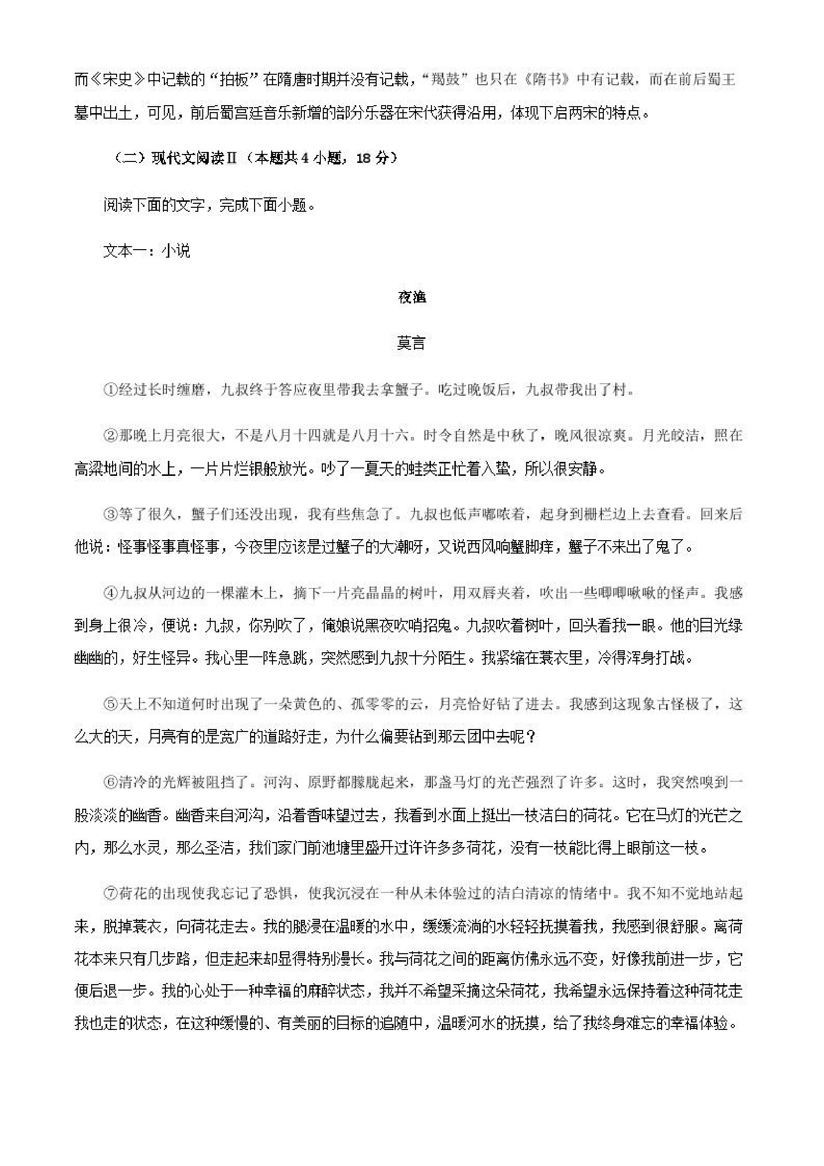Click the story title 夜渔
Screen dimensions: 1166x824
[412, 298]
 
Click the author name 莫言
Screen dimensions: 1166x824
[411, 344]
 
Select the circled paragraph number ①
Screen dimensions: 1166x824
[111, 390]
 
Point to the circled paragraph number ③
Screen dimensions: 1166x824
[111, 514]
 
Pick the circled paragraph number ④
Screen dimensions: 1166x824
[111, 593]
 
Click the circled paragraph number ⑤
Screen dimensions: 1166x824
[111, 705]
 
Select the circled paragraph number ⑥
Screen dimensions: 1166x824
[111, 783]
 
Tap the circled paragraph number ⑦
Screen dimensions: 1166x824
[111, 894]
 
